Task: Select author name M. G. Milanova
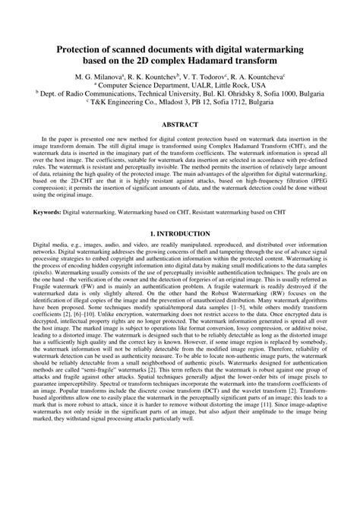pos(96,77)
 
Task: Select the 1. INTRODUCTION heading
pos(179,234)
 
